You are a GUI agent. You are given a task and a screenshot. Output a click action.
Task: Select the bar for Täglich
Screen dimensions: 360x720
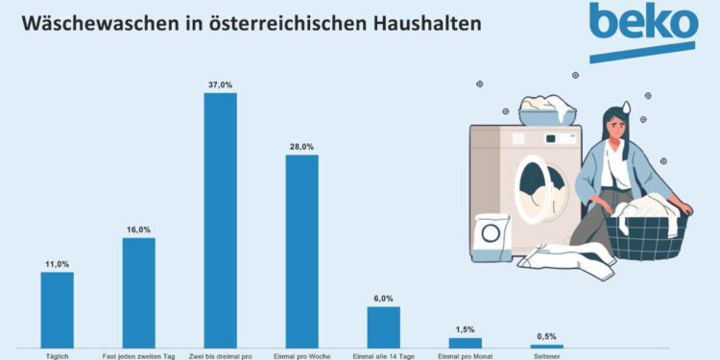(57, 309)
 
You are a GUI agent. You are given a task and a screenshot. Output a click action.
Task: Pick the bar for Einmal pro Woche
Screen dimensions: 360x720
(301, 251)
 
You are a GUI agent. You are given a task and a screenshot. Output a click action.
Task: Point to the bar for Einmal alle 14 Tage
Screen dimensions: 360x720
(383, 326)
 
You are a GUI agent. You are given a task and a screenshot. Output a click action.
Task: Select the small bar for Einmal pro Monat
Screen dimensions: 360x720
(465, 342)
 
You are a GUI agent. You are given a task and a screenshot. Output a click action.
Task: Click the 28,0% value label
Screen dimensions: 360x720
(301, 147)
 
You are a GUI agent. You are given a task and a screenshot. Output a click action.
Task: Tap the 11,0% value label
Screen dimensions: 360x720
(57, 264)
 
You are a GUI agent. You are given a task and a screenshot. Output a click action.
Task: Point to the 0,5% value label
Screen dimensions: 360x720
(547, 337)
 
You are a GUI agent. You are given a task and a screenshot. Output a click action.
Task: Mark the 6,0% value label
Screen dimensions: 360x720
(383, 299)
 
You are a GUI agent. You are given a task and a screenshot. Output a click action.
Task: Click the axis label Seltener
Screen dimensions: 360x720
(547, 356)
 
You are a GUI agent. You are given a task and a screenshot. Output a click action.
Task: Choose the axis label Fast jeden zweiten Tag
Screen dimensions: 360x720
(138, 356)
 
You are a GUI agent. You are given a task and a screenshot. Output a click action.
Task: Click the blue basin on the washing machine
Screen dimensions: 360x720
(548, 115)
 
